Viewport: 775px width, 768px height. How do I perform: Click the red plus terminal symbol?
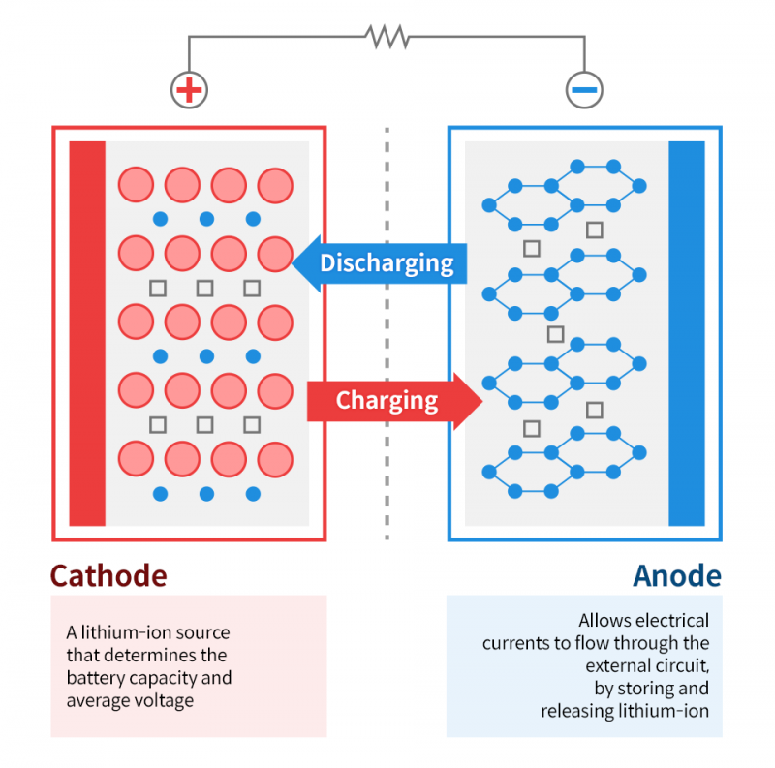pyautogui.click(x=190, y=90)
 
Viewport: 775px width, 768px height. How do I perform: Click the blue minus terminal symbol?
pyautogui.click(x=584, y=90)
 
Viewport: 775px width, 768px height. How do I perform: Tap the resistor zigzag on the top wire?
pyautogui.click(x=387, y=37)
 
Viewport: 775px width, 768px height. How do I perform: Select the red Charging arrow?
pyautogui.click(x=392, y=400)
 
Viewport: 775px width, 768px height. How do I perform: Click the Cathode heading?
pyautogui.click(x=108, y=575)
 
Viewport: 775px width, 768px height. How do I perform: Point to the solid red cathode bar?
pyautogui.click(x=87, y=333)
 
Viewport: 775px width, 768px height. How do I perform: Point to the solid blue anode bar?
pyautogui.click(x=687, y=333)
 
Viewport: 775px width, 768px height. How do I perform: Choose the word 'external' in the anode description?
pyautogui.click(x=621, y=666)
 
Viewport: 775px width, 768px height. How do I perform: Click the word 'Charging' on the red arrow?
pyautogui.click(x=387, y=400)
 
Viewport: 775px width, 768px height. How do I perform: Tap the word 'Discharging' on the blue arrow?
pyautogui.click(x=387, y=262)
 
